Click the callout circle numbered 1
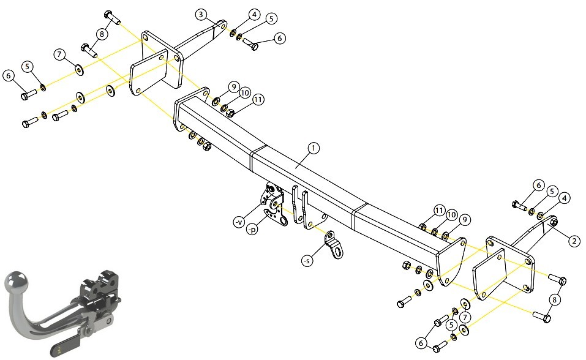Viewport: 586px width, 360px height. (313, 148)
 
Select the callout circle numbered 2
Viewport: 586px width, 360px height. (574, 241)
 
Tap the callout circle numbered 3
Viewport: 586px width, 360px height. (201, 15)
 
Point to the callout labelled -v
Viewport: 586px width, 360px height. (239, 222)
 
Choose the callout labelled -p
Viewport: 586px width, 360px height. (252, 229)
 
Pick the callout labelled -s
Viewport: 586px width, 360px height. (307, 261)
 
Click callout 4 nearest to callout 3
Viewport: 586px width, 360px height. (254, 15)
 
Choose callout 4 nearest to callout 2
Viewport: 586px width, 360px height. (565, 198)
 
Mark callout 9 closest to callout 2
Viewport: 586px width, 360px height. (465, 219)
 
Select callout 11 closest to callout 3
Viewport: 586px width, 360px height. (258, 99)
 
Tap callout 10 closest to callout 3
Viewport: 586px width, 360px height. (245, 92)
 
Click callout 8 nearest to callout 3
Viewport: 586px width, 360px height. (102, 34)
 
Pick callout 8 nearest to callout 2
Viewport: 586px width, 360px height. (555, 299)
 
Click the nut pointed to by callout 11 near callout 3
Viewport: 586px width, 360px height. (231, 113)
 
